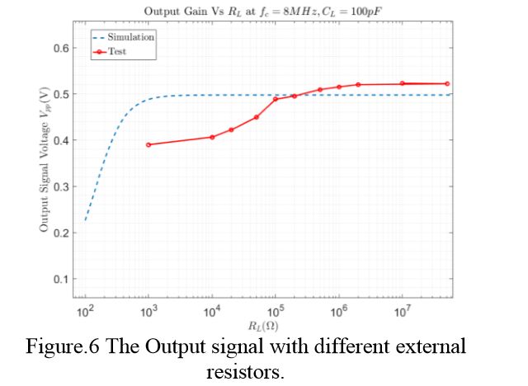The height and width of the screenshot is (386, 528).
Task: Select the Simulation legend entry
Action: pos(131,37)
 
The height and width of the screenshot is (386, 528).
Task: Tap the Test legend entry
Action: pos(120,51)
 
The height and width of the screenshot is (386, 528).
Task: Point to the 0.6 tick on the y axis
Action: pos(59,48)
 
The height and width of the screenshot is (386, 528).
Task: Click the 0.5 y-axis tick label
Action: pos(59,94)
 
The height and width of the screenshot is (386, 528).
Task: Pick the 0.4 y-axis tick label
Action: pos(59,140)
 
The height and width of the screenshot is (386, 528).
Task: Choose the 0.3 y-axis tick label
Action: pos(59,186)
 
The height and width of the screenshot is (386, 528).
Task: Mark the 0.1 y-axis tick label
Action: pos(59,279)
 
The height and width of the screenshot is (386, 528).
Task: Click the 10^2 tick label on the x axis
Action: pos(85,312)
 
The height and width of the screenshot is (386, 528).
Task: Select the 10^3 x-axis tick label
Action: pos(148,312)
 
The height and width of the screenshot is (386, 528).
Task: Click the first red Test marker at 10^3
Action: pos(148,144)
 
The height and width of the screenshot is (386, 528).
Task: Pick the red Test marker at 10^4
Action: pos(212,137)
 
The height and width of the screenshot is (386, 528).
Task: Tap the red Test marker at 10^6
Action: pos(339,87)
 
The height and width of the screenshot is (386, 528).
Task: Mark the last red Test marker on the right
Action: pos(447,83)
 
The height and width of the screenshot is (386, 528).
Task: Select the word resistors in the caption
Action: pos(245,371)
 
